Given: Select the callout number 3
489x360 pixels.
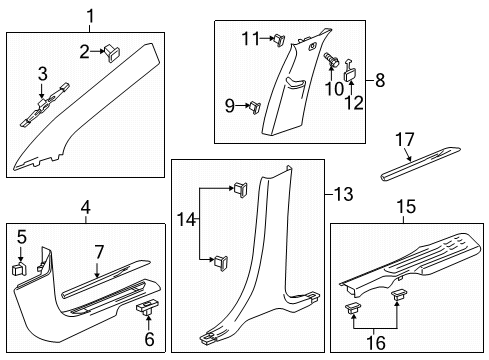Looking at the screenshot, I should click(x=42, y=74).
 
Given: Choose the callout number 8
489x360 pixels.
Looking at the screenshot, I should click(x=379, y=81).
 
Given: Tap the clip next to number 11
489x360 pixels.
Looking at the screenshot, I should click(x=272, y=40).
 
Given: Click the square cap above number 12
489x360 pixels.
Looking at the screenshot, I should click(x=352, y=72).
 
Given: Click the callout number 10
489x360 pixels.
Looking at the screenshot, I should click(x=329, y=85).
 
